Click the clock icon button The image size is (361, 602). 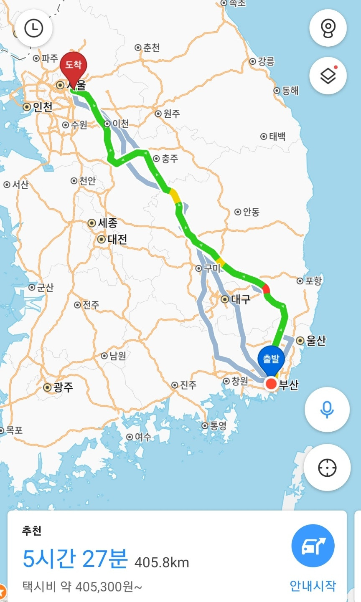(x=33, y=28)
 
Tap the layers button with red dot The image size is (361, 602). (x=328, y=76)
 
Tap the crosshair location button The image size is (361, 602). (x=327, y=468)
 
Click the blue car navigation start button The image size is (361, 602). (x=313, y=545)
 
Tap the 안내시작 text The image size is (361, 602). (x=313, y=586)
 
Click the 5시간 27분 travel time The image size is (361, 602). (x=75, y=559)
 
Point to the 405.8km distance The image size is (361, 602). (x=162, y=562)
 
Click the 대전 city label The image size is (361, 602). (x=117, y=239)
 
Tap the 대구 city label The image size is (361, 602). (x=240, y=299)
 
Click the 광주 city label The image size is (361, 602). (x=63, y=387)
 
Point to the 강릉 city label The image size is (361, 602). (x=266, y=62)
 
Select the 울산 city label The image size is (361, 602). (x=315, y=341)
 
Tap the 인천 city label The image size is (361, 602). (x=43, y=107)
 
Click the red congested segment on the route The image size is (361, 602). (x=266, y=288)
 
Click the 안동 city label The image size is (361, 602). (x=251, y=212)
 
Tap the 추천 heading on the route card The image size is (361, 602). (x=32, y=531)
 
